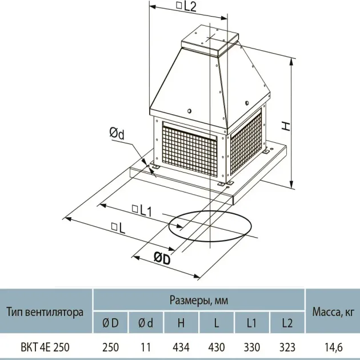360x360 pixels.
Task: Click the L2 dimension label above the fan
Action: [186, 6]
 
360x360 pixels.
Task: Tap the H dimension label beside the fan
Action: [286, 126]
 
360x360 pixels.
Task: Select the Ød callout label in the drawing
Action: [117, 134]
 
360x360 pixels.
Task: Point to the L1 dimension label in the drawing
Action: [142, 210]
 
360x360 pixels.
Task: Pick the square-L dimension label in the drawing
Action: [118, 227]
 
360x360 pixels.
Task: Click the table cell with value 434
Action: [181, 347]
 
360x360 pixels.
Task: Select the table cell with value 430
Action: [217, 347]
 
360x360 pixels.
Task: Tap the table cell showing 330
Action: [252, 347]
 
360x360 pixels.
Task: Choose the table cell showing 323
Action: [287, 347]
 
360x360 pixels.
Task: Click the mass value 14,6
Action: [333, 347]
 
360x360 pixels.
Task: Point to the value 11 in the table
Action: [146, 347]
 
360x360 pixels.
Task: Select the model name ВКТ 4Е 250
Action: [45, 347]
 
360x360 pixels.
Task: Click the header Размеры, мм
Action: [199, 301]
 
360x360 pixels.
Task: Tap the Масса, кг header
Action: [333, 312]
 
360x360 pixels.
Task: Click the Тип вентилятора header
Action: [45, 312]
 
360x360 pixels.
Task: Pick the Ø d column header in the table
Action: [146, 323]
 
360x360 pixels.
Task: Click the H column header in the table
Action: [181, 323]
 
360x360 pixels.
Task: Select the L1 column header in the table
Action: [252, 323]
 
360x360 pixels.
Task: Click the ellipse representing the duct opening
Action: [210, 211]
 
